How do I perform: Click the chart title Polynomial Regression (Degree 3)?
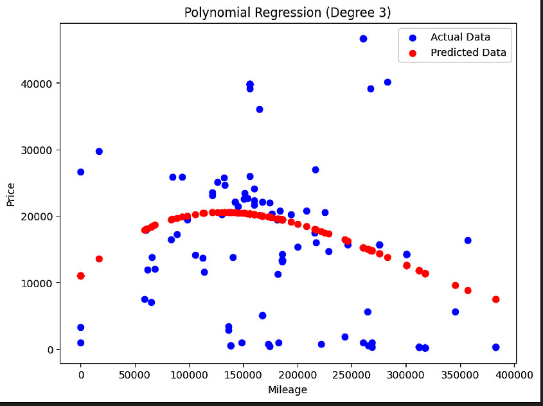pos(287,13)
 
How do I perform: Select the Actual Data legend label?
pos(460,37)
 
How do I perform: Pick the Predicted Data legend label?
pos(468,53)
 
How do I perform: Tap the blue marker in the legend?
pos(412,37)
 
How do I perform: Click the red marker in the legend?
pos(412,53)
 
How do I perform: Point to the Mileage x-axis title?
pos(287,390)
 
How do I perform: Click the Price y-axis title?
pos(11,193)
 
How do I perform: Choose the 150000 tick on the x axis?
pos(243,373)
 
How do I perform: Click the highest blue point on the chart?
pos(363,39)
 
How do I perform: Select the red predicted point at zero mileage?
pos(80,276)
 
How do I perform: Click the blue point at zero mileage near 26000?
pos(80,172)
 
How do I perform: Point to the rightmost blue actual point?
pos(495,347)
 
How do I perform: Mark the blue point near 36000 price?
pos(260,109)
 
